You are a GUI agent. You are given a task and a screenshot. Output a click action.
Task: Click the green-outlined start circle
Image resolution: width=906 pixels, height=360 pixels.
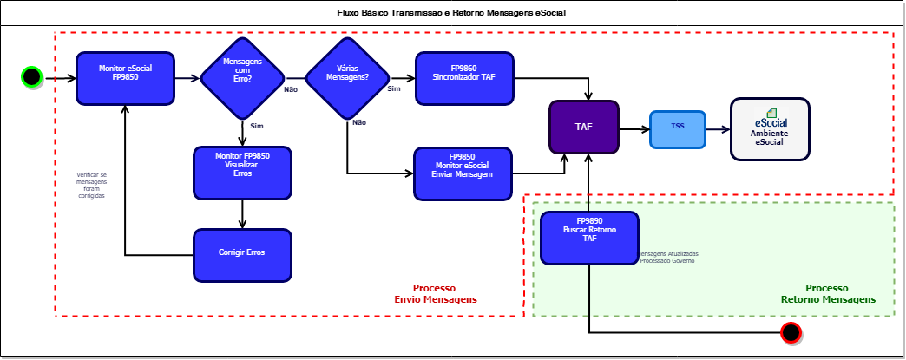tap(32, 77)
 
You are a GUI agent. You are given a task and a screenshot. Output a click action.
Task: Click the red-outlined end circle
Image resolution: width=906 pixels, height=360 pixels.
tap(791, 333)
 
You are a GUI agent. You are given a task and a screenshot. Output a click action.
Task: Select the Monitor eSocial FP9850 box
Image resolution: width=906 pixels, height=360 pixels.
tap(125, 79)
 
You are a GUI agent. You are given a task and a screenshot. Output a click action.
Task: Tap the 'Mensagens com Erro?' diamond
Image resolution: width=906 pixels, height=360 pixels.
tap(243, 78)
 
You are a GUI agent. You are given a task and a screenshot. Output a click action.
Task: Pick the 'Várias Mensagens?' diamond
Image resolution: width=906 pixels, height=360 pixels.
tap(347, 78)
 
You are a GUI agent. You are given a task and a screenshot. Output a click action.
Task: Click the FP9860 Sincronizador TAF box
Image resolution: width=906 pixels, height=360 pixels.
tap(464, 79)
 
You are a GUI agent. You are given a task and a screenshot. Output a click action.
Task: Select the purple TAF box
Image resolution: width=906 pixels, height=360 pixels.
tap(583, 128)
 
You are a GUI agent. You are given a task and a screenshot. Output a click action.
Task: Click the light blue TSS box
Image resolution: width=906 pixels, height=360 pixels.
tap(678, 129)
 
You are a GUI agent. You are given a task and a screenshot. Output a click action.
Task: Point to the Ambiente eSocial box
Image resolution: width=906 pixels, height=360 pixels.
tap(771, 129)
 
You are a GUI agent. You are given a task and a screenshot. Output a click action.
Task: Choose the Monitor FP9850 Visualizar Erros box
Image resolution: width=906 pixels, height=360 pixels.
tap(243, 173)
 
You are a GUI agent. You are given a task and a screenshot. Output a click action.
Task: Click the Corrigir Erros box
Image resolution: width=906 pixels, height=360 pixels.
tap(243, 255)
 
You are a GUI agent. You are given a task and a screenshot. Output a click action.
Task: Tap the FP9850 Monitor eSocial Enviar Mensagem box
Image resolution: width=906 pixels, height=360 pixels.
tap(463, 174)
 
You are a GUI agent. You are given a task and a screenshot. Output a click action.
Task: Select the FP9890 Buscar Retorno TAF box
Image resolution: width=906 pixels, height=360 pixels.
tap(589, 238)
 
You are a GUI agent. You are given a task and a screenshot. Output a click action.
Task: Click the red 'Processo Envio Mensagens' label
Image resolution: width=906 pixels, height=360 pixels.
tap(436, 293)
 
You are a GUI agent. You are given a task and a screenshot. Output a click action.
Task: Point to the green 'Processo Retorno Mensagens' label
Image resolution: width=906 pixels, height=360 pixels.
tap(828, 293)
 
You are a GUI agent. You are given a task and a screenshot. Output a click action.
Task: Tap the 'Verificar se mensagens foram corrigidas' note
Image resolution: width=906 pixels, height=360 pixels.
tap(91, 186)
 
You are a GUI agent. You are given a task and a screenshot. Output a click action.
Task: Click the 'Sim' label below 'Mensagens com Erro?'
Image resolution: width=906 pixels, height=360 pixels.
tap(257, 126)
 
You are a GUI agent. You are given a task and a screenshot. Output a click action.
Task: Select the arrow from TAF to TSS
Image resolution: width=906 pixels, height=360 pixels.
tap(634, 129)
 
